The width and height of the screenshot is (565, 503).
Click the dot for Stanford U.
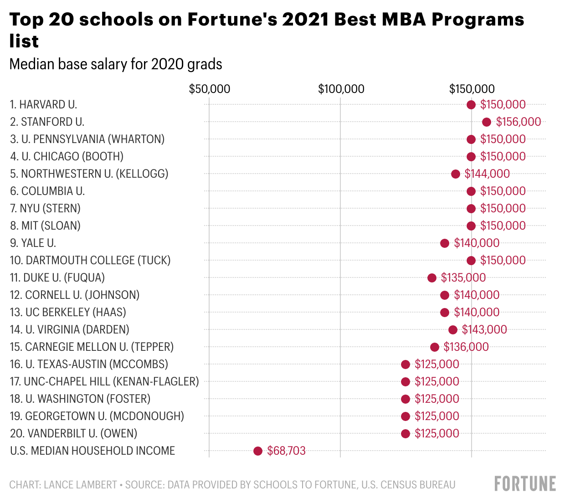click(x=487, y=122)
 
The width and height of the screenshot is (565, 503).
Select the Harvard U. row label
click(x=43, y=105)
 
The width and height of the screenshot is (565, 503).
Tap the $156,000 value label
click(x=519, y=122)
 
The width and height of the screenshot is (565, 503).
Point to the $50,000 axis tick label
click(x=210, y=89)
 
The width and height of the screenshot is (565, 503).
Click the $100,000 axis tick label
click(x=341, y=89)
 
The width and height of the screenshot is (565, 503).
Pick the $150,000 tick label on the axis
click(x=472, y=89)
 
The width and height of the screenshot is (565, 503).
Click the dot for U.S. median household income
click(x=258, y=451)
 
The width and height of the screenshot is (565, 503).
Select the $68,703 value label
click(x=286, y=451)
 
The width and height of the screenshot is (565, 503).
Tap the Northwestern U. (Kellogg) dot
click(x=456, y=174)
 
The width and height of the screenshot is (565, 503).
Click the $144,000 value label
click(x=487, y=174)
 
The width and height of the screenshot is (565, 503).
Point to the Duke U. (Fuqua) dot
click(x=432, y=278)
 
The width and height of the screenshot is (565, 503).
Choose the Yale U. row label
click(x=33, y=243)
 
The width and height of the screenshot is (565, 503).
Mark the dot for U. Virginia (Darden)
click(x=453, y=330)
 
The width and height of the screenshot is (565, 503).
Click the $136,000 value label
click(x=466, y=347)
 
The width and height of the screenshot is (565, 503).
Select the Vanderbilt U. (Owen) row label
click(x=73, y=434)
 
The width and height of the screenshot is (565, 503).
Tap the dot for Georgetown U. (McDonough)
click(x=406, y=416)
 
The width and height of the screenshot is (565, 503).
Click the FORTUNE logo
click(x=525, y=484)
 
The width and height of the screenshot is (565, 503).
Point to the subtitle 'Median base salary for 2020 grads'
click(x=116, y=64)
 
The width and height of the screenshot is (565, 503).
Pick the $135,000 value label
click(x=463, y=278)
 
